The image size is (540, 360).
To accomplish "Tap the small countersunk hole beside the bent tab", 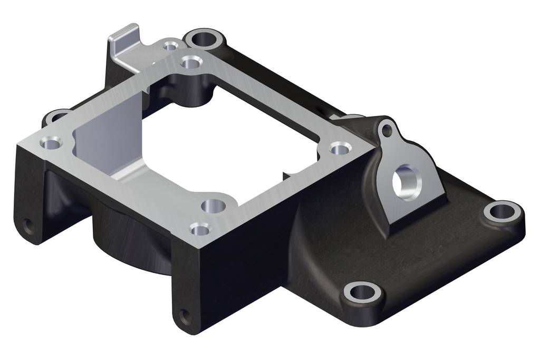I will coord(170,46).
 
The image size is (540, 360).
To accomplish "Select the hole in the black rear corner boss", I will coord(203,38).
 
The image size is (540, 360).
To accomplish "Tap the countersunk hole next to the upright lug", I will coord(340,149).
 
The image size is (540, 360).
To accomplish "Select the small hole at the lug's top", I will coord(387,130).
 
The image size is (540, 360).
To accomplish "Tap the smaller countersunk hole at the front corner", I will coord(200,229).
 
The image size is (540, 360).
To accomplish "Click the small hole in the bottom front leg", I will coord(185,317).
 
